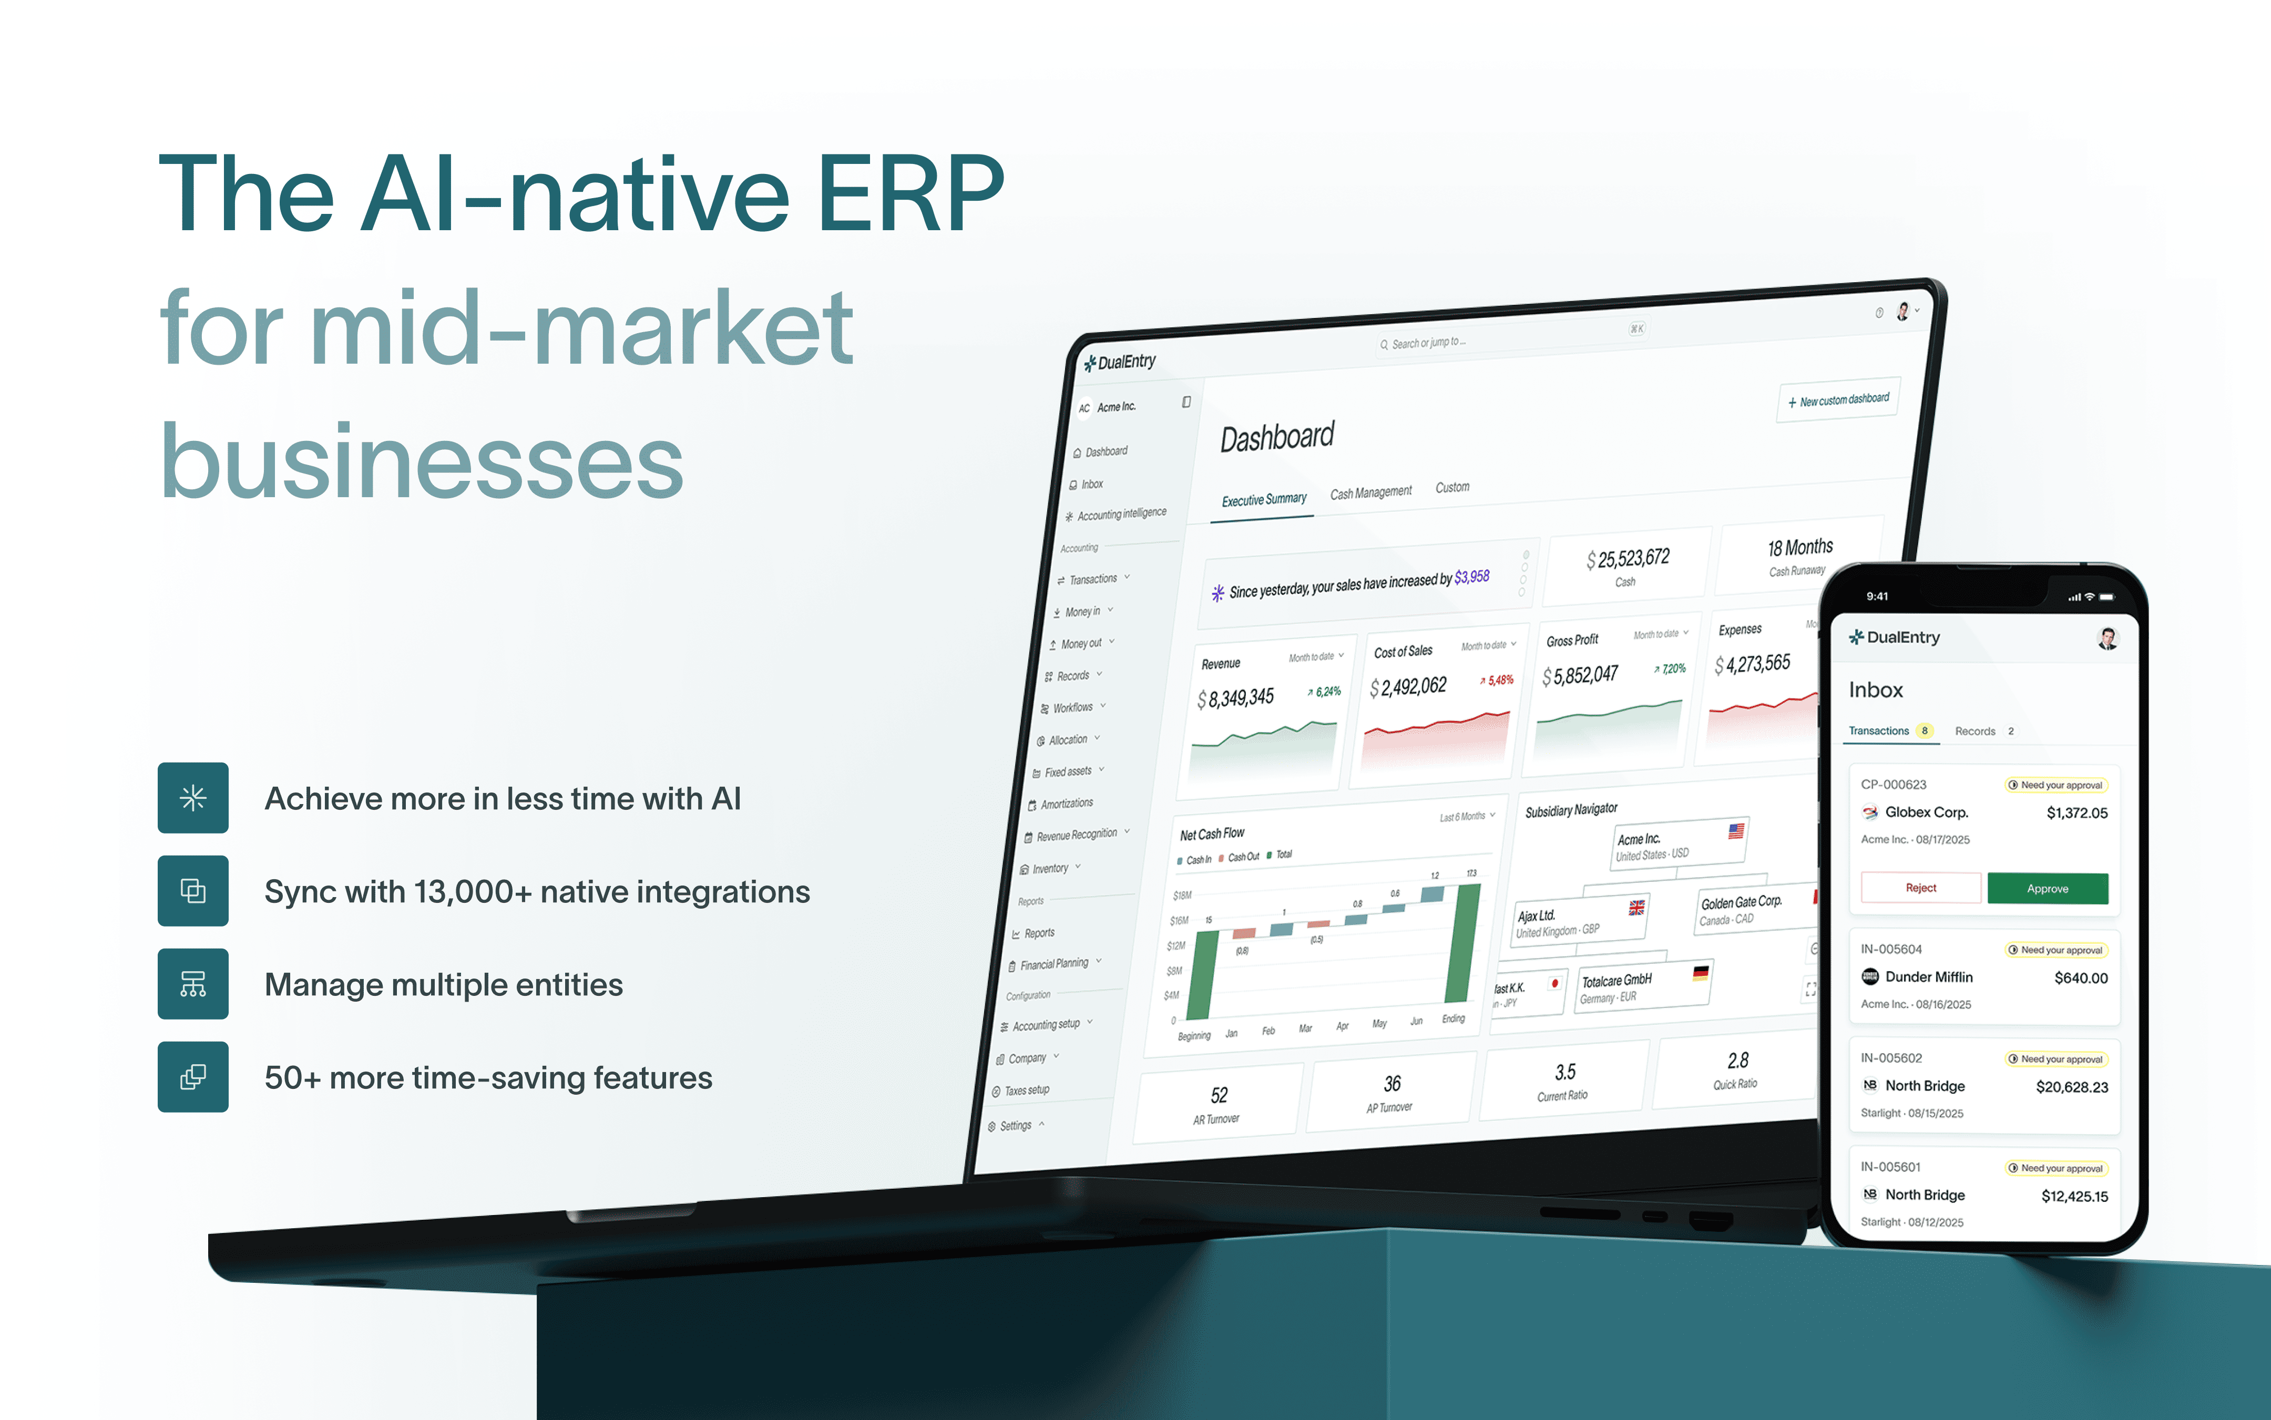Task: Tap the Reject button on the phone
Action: pos(1921,888)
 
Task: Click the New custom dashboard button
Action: pos(1838,400)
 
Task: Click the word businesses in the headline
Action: pos(421,462)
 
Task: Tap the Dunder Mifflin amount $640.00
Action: pos(2080,977)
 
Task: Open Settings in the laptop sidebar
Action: pos(1015,1125)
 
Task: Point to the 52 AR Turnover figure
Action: pos(1218,1095)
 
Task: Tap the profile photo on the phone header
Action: pos(2108,639)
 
